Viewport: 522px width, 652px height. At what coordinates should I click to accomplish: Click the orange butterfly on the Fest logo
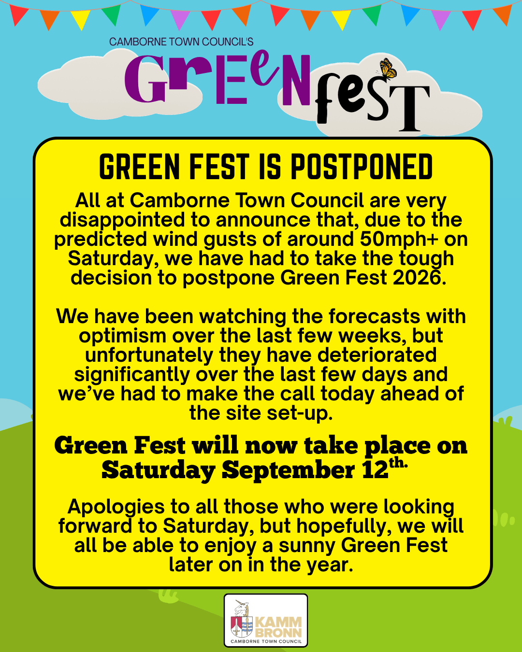[388, 69]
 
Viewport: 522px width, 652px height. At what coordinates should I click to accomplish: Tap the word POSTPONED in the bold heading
[362, 167]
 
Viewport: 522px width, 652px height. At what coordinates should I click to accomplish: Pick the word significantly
[132, 374]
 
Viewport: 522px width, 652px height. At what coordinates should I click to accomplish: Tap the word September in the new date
[289, 470]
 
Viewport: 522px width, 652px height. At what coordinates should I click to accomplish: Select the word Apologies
[116, 507]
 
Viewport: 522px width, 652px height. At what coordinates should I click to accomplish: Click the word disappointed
[122, 220]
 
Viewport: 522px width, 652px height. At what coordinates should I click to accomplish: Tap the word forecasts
[374, 316]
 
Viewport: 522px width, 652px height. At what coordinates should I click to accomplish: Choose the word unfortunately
[149, 355]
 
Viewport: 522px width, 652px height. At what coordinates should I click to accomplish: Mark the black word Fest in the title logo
[373, 101]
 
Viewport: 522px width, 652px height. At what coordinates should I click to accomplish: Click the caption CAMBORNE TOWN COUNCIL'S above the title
[181, 42]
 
